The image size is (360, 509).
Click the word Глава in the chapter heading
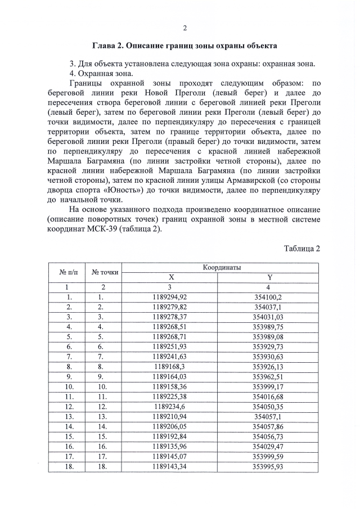[104, 44]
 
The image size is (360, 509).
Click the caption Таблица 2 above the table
[301, 249]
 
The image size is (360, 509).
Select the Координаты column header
[222, 268]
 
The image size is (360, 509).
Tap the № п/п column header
[69, 272]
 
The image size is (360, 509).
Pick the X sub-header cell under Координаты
[172, 277]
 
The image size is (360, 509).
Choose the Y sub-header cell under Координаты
[269, 277]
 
